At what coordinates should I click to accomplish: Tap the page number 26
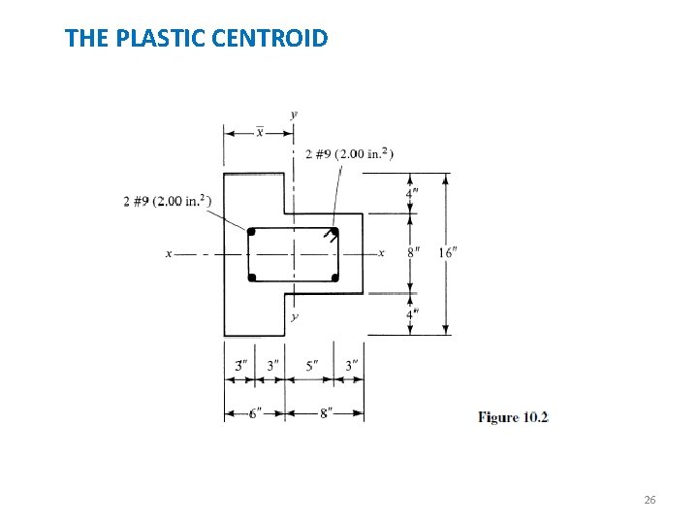pos(650,500)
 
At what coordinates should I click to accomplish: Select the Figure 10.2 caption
pos(513,417)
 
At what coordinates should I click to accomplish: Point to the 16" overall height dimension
pos(448,252)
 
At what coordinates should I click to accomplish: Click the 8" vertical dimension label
pos(413,252)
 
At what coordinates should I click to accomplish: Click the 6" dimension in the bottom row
pos(255,413)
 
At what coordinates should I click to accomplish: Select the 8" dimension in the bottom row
pos(325,413)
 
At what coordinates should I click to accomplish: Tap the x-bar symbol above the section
pos(259,132)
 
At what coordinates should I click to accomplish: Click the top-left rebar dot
pos(251,232)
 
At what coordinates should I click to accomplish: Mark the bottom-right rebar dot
pos(335,278)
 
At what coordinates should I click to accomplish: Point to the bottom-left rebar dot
pos(251,278)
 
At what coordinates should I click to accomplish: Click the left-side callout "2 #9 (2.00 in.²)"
pos(167,201)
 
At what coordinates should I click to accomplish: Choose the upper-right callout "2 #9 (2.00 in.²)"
pos(349,153)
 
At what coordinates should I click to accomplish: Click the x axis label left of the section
pos(169,254)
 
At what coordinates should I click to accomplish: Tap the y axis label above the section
pos(294,115)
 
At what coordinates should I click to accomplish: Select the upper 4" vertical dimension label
pos(412,193)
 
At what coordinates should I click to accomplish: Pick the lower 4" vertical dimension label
pos(412,314)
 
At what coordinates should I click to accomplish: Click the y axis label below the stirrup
pos(295,317)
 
